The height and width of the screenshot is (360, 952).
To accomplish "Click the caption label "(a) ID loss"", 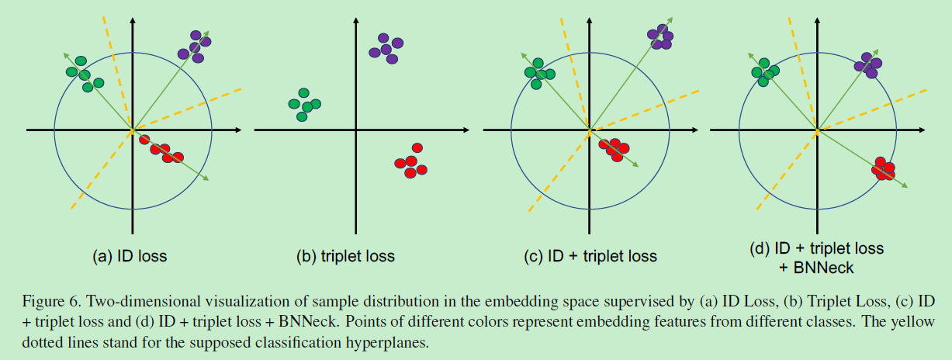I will coord(130,255).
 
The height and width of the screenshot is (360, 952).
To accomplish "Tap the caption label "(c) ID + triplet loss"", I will coord(590,256).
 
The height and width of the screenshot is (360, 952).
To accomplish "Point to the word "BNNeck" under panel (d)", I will coord(818,268).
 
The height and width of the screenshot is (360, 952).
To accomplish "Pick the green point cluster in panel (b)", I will coord(303,106).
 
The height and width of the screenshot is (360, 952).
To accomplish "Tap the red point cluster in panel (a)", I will coord(161,149).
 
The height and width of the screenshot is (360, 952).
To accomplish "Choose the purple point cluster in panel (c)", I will coord(660,37).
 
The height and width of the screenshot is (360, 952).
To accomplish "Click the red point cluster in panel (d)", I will coord(884,168).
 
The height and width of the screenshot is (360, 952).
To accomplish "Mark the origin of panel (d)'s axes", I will coord(816,130).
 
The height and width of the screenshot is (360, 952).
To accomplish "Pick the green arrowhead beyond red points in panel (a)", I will coord(206,179).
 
